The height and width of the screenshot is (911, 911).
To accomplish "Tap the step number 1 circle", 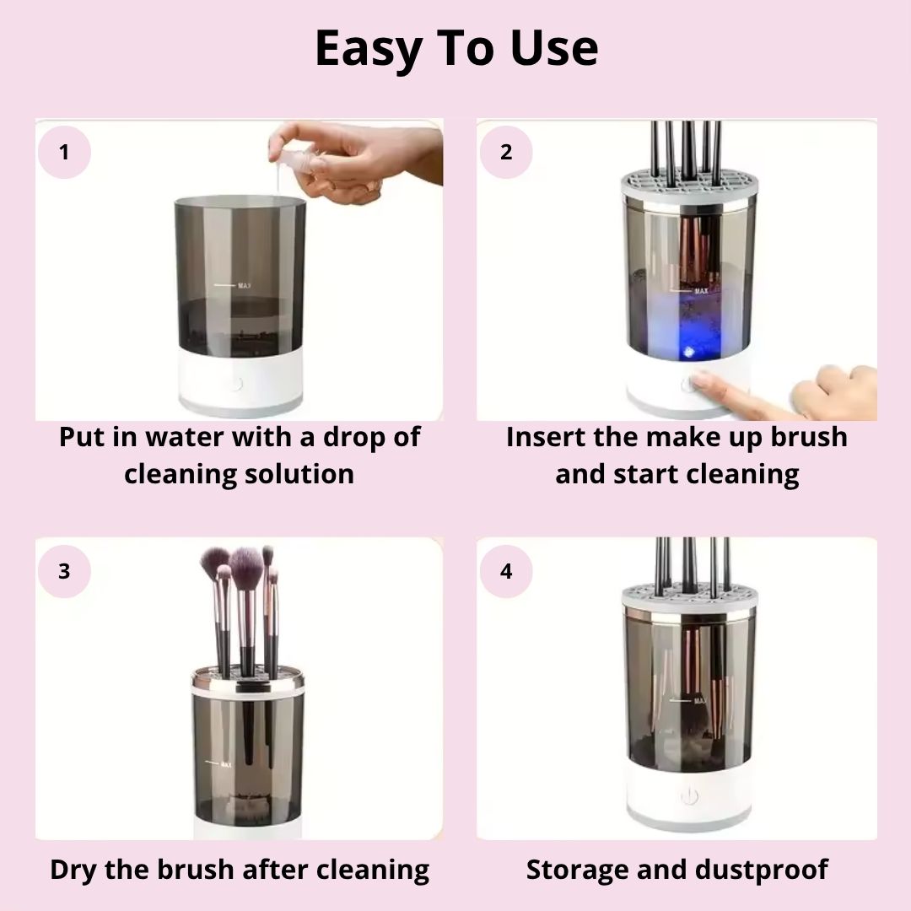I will click(64, 153).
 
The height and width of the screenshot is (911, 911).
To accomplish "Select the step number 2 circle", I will click(506, 153).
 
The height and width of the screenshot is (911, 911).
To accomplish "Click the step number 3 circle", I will click(64, 571).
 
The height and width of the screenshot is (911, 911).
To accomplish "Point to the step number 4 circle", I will click(506, 571).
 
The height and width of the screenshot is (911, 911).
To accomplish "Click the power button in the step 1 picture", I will click(237, 384).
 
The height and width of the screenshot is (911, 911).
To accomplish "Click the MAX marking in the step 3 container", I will click(224, 765).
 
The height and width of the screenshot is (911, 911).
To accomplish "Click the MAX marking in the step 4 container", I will click(698, 700).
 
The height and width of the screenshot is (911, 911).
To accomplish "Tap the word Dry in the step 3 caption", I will click(76, 870).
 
